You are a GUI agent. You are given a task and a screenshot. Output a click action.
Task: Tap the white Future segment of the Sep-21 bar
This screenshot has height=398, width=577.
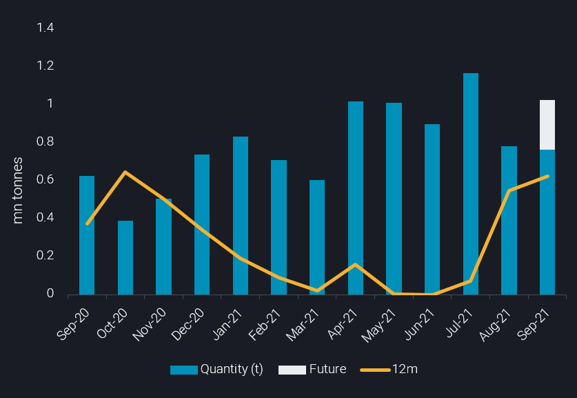547,125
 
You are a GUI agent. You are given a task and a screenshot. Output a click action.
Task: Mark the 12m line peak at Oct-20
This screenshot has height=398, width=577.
125,172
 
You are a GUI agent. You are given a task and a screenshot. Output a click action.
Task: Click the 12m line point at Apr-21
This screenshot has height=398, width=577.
355,264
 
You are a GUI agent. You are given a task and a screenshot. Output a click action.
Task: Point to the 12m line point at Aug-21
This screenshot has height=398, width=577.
509,191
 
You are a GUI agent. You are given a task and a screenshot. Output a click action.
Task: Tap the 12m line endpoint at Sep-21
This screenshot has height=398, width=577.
547,177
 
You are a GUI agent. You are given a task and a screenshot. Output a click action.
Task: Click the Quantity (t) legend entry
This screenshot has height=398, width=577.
216,369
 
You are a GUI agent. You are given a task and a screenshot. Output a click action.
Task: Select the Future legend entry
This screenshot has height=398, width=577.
312,369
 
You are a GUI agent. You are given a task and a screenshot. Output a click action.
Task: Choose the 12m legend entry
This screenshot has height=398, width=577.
389,369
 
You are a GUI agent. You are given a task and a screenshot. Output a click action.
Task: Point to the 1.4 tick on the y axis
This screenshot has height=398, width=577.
45,28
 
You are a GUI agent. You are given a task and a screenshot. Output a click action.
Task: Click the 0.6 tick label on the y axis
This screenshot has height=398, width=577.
45,180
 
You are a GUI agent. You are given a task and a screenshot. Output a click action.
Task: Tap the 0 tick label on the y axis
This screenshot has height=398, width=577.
50,294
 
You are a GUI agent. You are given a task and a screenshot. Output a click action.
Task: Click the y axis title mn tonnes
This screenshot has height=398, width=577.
19,190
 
